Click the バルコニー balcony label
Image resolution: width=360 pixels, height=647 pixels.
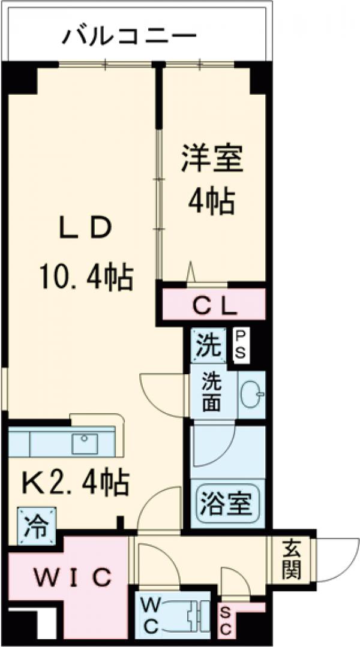(130, 37)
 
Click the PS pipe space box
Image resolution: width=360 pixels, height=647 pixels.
(240, 345)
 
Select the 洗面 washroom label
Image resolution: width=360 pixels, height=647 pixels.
(211, 392)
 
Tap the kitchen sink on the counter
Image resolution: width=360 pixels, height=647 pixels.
(85, 443)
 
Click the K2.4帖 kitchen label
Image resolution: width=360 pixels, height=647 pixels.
(76, 482)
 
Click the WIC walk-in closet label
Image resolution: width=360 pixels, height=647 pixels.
(73, 577)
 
